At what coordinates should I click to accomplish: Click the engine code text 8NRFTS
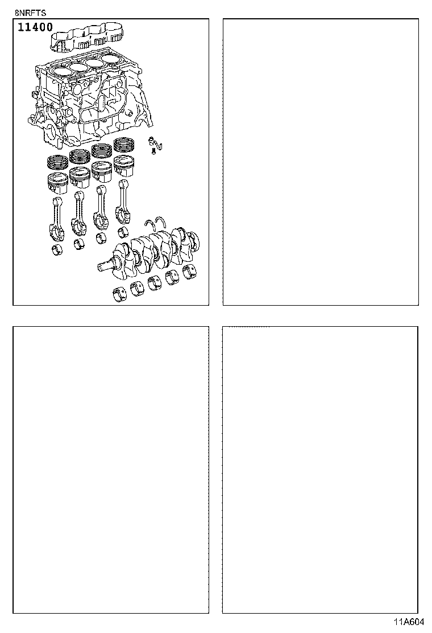coord(27,11)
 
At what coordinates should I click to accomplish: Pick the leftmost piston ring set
coord(57,162)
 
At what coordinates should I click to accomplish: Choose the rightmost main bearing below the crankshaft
coord(190,270)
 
